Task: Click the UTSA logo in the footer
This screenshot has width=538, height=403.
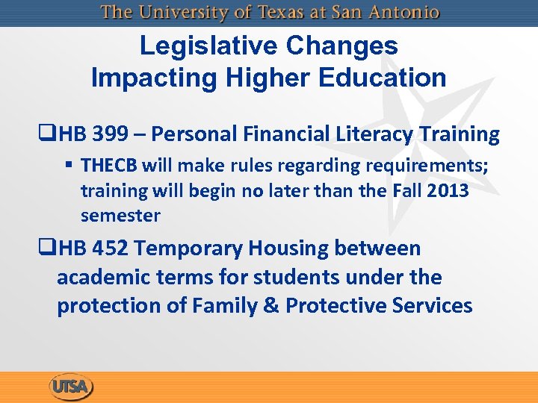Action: coord(71,387)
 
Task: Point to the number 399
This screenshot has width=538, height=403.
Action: coord(109,134)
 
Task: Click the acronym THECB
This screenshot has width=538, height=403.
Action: coord(110,165)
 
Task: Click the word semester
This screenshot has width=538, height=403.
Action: coord(120,216)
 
